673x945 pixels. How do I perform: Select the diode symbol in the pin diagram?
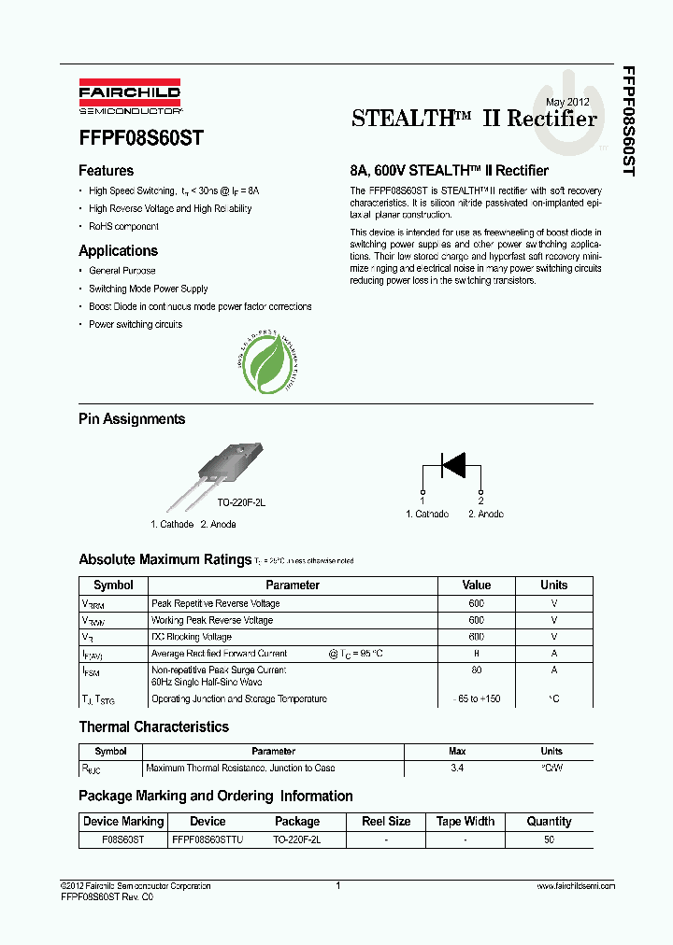coord(452,464)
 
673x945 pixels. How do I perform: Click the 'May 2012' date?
coord(567,101)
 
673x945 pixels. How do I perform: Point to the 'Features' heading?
coord(106,171)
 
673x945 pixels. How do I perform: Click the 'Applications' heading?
coord(118,251)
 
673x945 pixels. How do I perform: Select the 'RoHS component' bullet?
coord(123,227)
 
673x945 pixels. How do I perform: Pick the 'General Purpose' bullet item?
coord(122,271)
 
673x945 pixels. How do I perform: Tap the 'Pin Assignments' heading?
coord(132,419)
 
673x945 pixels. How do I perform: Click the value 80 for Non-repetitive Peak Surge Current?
coord(476,670)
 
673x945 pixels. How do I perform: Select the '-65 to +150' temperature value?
coord(476,699)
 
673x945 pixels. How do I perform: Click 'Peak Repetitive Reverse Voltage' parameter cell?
coord(215,604)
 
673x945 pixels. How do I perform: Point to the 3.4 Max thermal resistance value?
coord(457,768)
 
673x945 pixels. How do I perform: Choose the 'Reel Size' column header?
coord(386,822)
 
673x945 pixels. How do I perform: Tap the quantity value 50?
coord(549,839)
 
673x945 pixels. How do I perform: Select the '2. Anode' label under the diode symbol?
coord(486,515)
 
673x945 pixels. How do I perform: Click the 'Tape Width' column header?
coord(465,822)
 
